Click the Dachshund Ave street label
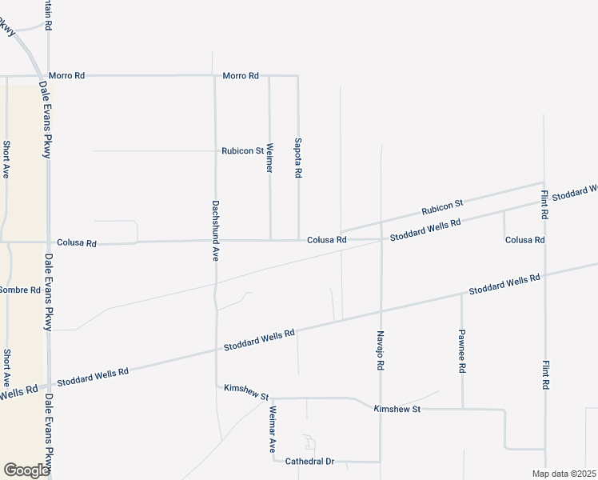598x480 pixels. click(x=215, y=230)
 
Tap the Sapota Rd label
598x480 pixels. click(x=298, y=156)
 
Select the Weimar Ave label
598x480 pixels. click(x=272, y=430)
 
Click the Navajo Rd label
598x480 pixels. click(x=381, y=350)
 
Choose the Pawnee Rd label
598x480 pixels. click(x=462, y=352)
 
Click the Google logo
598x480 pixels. click(x=26, y=470)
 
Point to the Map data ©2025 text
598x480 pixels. click(x=564, y=474)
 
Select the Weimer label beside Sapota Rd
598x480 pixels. click(x=269, y=158)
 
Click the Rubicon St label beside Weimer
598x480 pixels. click(x=242, y=150)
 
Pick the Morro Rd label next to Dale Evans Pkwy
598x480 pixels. click(x=66, y=76)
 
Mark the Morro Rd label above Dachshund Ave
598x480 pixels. click(x=241, y=76)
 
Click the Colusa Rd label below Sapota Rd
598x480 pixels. click(x=327, y=239)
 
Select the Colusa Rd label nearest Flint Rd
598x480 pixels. click(x=524, y=239)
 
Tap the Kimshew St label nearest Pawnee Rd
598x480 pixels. click(x=397, y=409)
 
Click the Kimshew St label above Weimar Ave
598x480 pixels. click(x=246, y=388)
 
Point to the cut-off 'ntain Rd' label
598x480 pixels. click(x=48, y=15)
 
